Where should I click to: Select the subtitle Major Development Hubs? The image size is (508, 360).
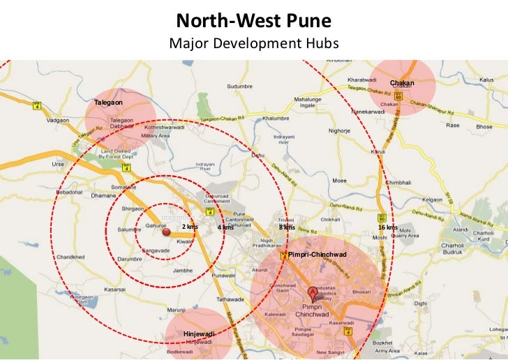[x=253, y=43]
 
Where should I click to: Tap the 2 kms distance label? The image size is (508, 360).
[x=190, y=227]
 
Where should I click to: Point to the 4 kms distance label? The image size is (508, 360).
[x=225, y=228]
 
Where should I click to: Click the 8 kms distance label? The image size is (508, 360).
[x=287, y=227]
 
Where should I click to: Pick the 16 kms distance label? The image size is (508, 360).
[x=387, y=227]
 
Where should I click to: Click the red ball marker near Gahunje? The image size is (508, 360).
[x=166, y=233]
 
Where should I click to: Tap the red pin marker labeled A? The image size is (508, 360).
[x=312, y=292]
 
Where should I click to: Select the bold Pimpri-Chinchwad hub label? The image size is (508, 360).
[x=317, y=254]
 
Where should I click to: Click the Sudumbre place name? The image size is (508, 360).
[x=239, y=87]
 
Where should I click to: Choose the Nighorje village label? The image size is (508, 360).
[x=339, y=130]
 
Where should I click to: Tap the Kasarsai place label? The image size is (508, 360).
[x=114, y=288]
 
